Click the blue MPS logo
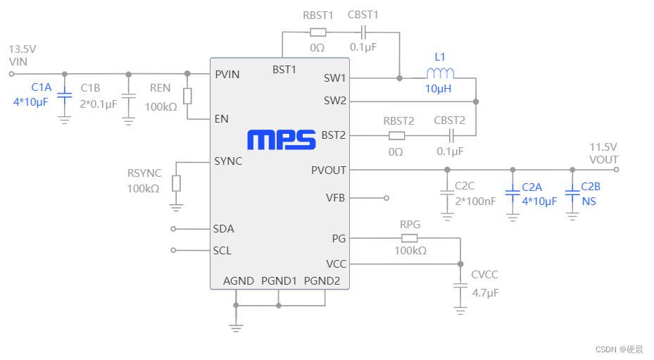pyautogui.click(x=281, y=139)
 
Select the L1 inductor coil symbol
pyautogui.click(x=440, y=73)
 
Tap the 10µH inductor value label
pyautogui.click(x=438, y=89)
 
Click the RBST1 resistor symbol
pyautogui.click(x=317, y=32)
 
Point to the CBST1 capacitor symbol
pyautogui.click(x=363, y=32)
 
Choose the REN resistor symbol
pyautogui.click(x=187, y=97)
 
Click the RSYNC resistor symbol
pyautogui.click(x=176, y=183)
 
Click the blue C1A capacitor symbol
pyautogui.click(x=64, y=94)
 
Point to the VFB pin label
pyautogui.click(x=335, y=198)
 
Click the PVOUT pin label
pyautogui.click(x=328, y=170)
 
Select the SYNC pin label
pyautogui.click(x=228, y=161)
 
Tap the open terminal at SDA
pyautogui.click(x=174, y=229)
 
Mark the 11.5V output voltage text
pyautogui.click(x=603, y=147)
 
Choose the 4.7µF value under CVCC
pyautogui.click(x=485, y=292)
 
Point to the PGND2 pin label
pyautogui.click(x=322, y=280)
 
